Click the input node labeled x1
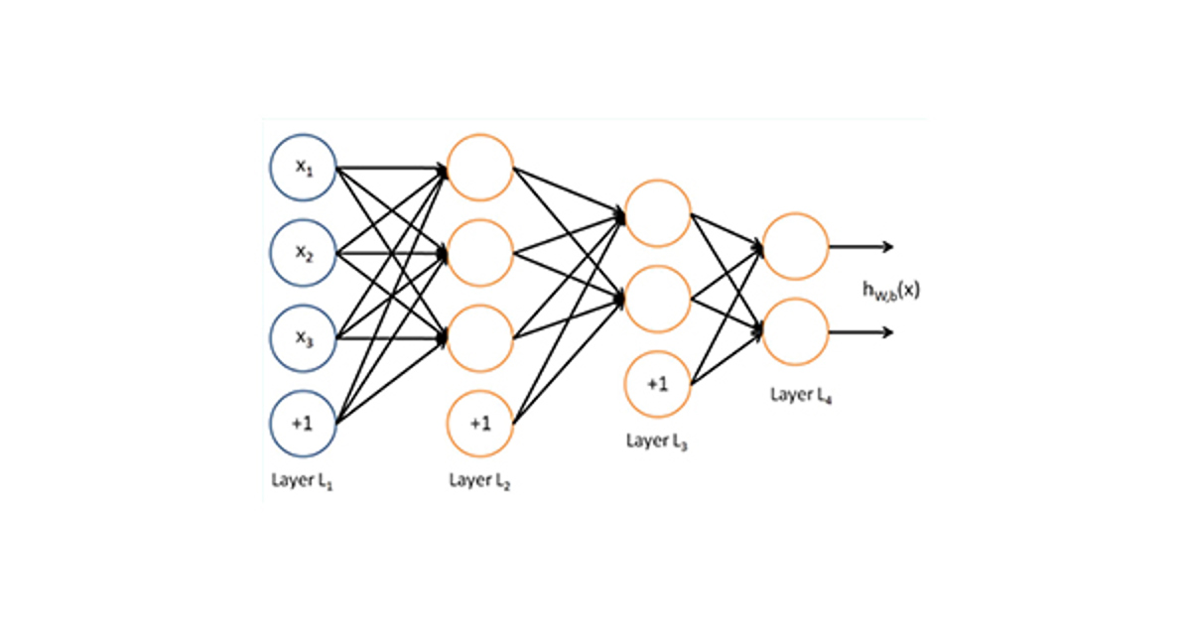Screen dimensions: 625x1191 pos(303,167)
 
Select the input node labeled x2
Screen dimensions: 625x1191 pos(303,252)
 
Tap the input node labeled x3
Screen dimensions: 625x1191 pos(303,338)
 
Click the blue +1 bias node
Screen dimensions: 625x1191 pos(303,424)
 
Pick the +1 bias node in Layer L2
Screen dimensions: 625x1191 pos(480,424)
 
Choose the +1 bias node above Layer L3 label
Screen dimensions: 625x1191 pos(657,384)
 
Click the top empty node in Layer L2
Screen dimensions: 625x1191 pos(480,167)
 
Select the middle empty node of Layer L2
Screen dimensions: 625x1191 pos(480,252)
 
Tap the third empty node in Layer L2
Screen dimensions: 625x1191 pos(480,338)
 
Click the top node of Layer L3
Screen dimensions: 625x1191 pos(657,212)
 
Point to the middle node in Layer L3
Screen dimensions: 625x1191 pos(657,298)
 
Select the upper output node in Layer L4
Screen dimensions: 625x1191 pos(795,246)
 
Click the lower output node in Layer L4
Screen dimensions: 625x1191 pos(795,331)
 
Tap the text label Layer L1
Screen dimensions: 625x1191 pos(303,480)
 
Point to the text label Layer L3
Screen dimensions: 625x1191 pos(657,440)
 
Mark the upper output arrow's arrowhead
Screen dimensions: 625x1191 pos(889,246)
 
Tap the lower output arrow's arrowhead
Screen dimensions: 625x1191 pos(889,331)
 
